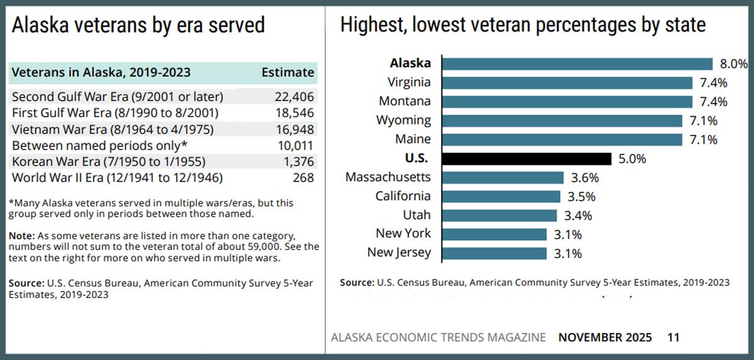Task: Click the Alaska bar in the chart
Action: pyautogui.click(x=577, y=63)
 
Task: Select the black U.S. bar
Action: pyautogui.click(x=527, y=158)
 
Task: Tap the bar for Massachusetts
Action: pyautogui.click(x=503, y=177)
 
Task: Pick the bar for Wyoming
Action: pyautogui.click(x=562, y=121)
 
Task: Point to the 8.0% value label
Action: pyautogui.click(x=733, y=63)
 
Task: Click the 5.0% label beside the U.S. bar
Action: pyautogui.click(x=632, y=158)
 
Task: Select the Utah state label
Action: pyautogui.click(x=417, y=215)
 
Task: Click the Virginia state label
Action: pyautogui.click(x=409, y=82)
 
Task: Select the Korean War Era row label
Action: pyautogui.click(x=109, y=161)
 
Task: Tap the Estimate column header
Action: pyautogui.click(x=287, y=72)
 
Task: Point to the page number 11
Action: pyautogui.click(x=673, y=337)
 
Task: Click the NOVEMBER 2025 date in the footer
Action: pyautogui.click(x=604, y=337)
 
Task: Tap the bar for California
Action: pyautogui.click(x=501, y=196)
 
